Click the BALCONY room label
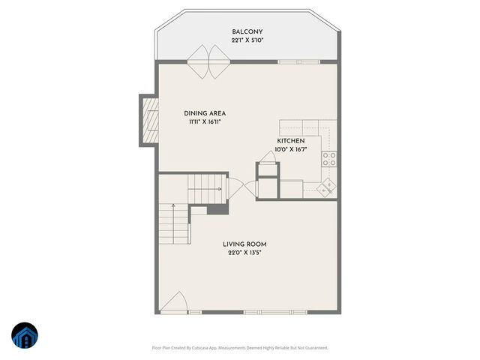point(247,31)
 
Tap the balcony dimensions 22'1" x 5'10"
point(247,40)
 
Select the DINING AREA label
point(205,113)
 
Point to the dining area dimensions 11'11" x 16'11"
point(205,122)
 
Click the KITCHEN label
point(290,141)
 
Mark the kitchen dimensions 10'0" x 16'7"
point(290,150)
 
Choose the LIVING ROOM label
point(244,244)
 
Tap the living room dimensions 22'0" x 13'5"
point(244,253)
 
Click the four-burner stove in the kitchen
point(329,158)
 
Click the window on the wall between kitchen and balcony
point(296,61)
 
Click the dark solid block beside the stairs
point(217,208)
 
